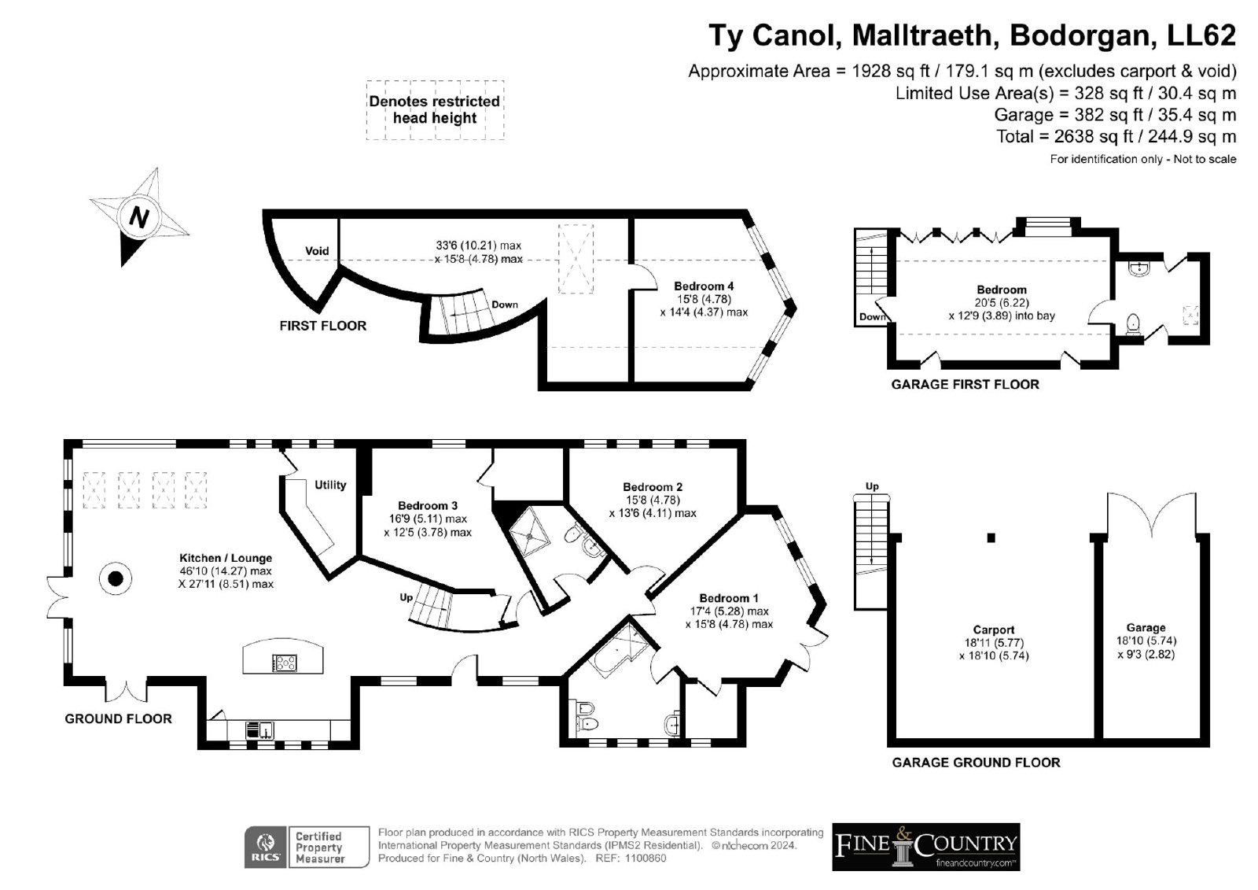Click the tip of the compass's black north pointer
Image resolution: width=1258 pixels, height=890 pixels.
click(123, 265)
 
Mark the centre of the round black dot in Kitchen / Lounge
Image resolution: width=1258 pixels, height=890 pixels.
click(116, 578)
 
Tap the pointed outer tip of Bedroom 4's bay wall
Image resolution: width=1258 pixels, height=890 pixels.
click(795, 308)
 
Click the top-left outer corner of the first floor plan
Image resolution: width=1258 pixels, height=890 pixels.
click(263, 210)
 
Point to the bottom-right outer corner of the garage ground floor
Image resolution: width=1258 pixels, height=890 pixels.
click(1209, 747)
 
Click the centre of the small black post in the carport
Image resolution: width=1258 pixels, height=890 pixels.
click(991, 538)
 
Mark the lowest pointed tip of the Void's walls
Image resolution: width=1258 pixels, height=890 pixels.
click(319, 312)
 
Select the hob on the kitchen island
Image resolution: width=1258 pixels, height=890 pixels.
click(285, 663)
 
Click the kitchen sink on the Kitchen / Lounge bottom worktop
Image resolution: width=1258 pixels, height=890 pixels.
click(259, 729)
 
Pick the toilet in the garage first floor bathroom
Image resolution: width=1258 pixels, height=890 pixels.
click(1133, 324)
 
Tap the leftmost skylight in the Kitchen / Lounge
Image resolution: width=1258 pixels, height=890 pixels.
click(94, 490)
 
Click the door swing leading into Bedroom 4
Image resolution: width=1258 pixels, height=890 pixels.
click(645, 277)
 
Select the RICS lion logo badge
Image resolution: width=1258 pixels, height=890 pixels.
click(267, 847)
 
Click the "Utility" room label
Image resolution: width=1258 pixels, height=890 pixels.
click(330, 485)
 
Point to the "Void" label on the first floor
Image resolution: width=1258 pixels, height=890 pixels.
click(317, 251)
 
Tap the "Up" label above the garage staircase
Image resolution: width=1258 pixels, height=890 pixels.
click(872, 486)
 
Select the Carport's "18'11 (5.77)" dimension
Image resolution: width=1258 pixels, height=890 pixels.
click(994, 643)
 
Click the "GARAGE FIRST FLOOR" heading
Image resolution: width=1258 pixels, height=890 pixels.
click(965, 385)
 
